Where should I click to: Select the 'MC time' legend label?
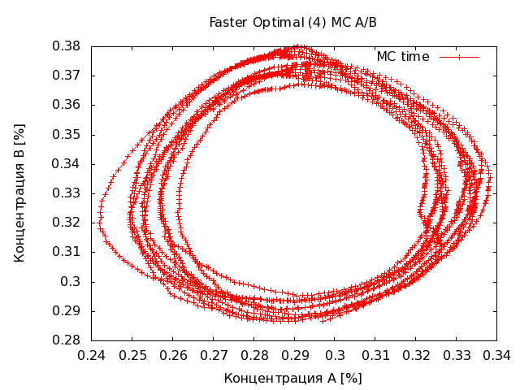[403, 56]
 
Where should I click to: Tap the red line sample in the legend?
[459, 56]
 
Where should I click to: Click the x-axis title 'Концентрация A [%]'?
[292, 378]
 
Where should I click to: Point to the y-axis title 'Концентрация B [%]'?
[20, 193]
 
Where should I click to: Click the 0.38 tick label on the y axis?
[67, 46]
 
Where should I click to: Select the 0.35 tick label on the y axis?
[67, 134]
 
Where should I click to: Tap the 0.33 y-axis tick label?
[67, 193]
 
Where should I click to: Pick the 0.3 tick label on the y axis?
[74, 281]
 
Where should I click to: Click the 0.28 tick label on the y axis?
[67, 340]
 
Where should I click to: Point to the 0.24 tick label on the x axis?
[92, 355]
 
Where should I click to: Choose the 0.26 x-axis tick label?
[173, 355]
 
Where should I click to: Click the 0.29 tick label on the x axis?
[294, 355]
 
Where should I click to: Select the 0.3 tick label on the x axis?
[335, 355]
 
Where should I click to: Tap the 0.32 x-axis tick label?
[415, 355]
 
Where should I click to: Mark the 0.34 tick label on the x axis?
[496, 355]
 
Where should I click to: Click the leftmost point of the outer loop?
[99, 223]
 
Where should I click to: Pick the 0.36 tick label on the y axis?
[67, 105]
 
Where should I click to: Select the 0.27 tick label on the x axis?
[214, 355]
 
